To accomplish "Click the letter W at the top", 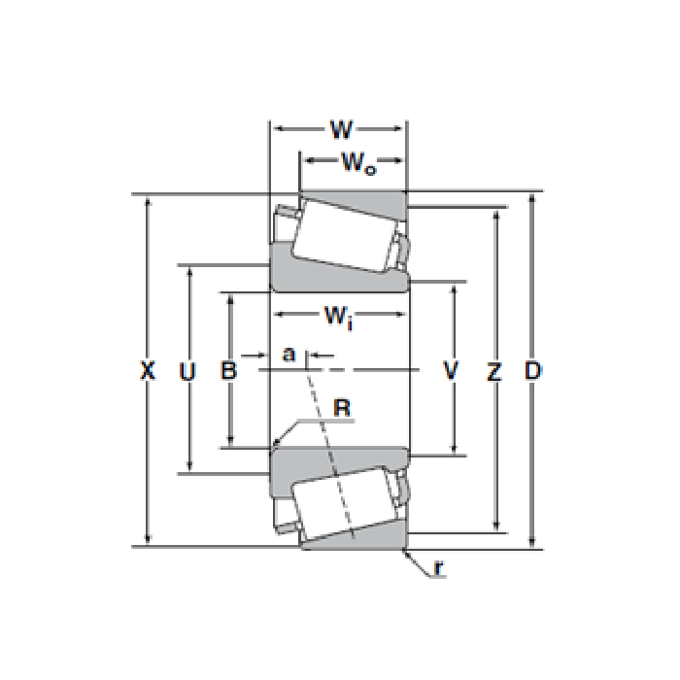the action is click(x=341, y=129).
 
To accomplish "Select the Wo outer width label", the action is click(x=358, y=162).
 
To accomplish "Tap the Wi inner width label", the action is click(x=339, y=317).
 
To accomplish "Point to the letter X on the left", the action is click(x=148, y=370).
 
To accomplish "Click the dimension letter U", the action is click(x=187, y=371).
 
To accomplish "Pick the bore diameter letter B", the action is click(x=228, y=371).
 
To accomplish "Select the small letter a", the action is click(x=289, y=354).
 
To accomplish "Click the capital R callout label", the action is click(x=342, y=408).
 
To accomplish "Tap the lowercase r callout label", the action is click(x=439, y=567).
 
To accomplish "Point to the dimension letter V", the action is click(x=451, y=370).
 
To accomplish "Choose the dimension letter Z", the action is click(x=493, y=371).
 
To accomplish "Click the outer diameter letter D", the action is click(x=533, y=370).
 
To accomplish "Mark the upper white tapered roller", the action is click(x=344, y=236).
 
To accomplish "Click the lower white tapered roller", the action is click(x=344, y=504).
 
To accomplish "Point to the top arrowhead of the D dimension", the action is click(x=532, y=199).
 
